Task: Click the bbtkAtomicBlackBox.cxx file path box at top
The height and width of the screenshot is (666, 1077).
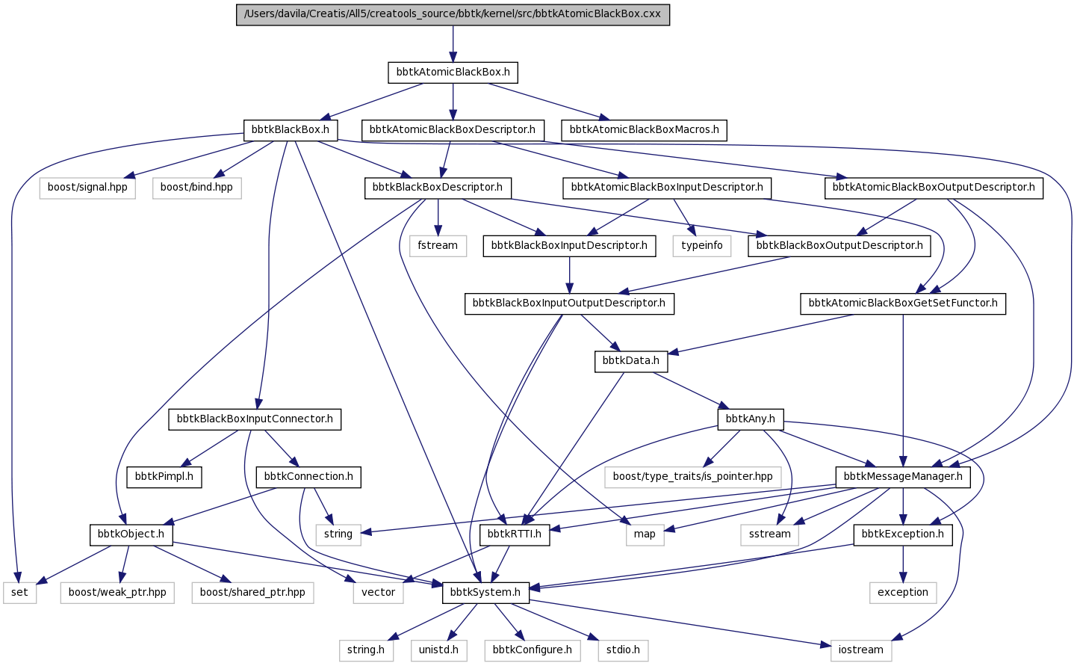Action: [x=453, y=14]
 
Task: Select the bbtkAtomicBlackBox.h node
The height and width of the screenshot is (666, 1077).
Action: [x=453, y=73]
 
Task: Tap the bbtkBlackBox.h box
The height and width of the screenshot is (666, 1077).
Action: [x=291, y=130]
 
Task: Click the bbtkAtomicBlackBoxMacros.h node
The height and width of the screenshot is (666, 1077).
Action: [x=644, y=130]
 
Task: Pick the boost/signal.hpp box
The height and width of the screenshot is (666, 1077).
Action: [x=87, y=188]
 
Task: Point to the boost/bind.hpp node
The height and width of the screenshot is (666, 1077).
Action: [x=196, y=188]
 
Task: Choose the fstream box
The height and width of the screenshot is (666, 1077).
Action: [x=438, y=245]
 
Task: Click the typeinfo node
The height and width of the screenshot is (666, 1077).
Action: [x=702, y=245]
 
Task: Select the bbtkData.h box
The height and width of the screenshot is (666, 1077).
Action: [x=631, y=361]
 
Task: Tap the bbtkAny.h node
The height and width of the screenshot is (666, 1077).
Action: [x=751, y=419]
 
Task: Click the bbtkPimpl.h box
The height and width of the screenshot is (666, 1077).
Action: [x=164, y=477]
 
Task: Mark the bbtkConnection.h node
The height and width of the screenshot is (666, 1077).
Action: [x=308, y=477]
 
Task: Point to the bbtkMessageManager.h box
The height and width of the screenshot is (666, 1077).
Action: [x=903, y=477]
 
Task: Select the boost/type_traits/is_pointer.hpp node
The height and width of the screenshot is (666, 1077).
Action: [x=693, y=477]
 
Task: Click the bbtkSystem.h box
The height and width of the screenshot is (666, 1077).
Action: [x=485, y=593]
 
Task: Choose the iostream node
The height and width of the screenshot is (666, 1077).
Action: [x=860, y=650]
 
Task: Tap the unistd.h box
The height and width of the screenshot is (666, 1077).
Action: [x=438, y=650]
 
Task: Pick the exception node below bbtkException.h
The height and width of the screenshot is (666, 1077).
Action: [x=903, y=593]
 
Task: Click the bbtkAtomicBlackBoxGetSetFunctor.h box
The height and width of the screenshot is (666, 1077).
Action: [x=903, y=303]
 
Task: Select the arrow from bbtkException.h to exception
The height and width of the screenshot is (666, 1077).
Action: [x=903, y=564]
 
